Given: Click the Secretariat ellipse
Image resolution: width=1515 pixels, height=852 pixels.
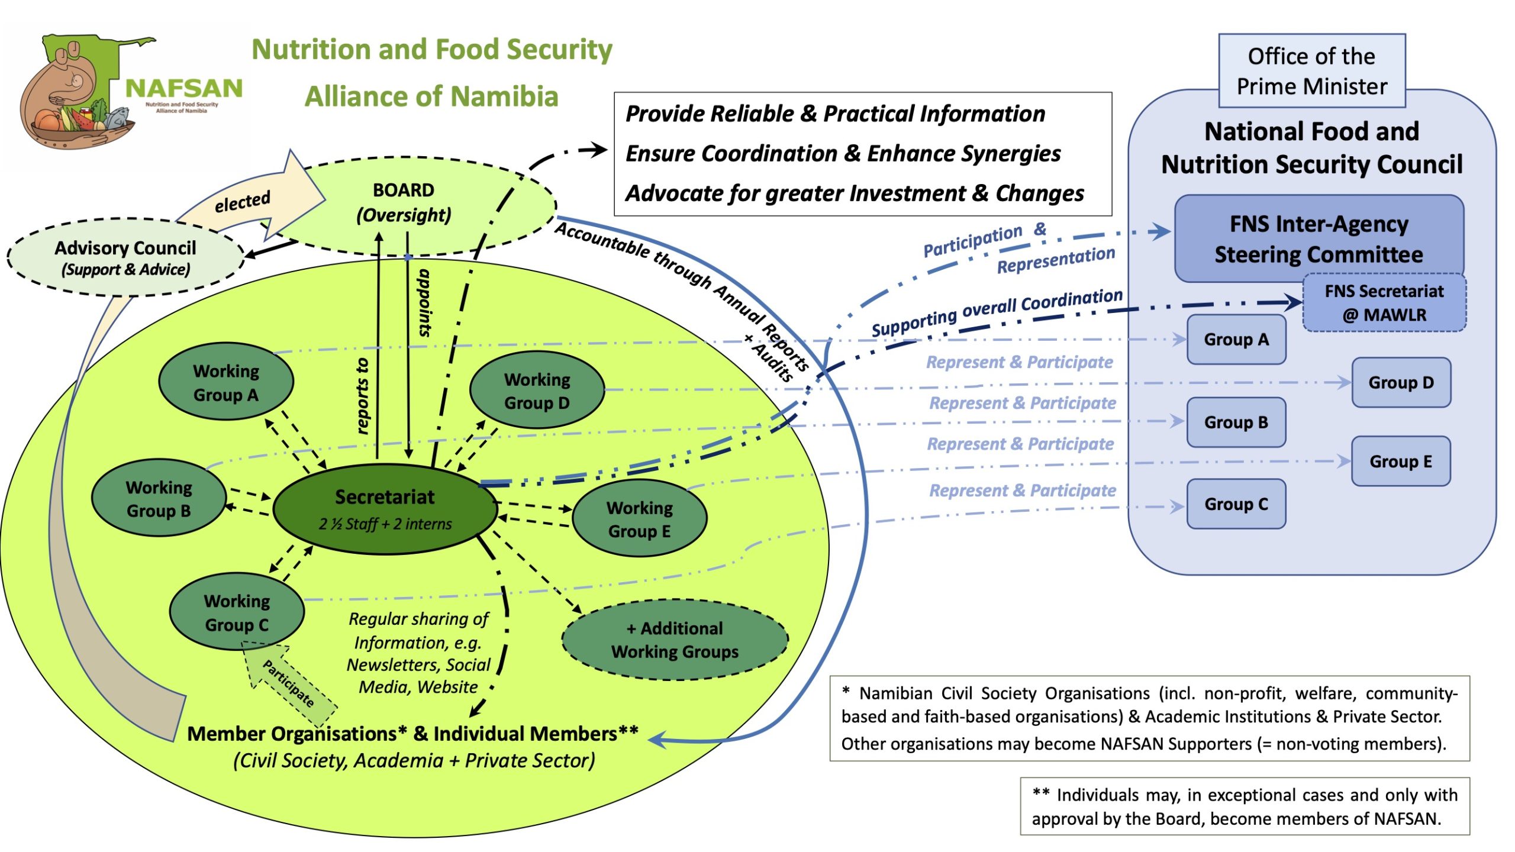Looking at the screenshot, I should pos(385,509).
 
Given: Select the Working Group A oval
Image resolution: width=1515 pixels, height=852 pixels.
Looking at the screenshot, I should pos(226,382).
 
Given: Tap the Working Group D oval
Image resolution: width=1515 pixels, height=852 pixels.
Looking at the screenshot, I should pos(537,390).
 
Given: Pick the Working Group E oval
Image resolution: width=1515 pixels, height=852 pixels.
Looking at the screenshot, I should pos(640,519).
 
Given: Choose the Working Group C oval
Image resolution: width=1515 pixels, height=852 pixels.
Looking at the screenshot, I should pos(237,612).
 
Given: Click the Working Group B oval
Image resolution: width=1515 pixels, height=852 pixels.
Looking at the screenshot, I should pos(159,498).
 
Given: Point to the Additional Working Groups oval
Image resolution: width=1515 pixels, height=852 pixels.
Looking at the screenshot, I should pos(675,640).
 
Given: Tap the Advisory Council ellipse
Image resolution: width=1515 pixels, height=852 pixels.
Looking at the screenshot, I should pos(125,257).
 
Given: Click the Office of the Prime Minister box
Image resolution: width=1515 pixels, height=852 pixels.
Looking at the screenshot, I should pos(1311,71).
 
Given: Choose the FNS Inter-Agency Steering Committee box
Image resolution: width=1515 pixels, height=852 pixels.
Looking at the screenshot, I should pos(1319,238).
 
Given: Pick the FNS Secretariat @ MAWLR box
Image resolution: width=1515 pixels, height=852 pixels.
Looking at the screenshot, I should pos(1384,302).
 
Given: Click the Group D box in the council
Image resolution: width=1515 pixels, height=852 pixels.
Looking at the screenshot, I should pos(1401,382).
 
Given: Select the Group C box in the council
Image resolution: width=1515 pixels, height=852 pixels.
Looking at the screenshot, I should pos(1236,504).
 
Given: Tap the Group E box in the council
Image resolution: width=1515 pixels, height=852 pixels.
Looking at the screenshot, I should pos(1401,461).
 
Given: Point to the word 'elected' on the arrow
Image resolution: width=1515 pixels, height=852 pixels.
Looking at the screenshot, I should pos(242,202).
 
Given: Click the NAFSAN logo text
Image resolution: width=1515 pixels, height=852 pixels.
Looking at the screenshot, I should pos(184,89).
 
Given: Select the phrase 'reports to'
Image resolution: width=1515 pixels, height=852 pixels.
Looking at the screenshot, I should pos(363,396).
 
